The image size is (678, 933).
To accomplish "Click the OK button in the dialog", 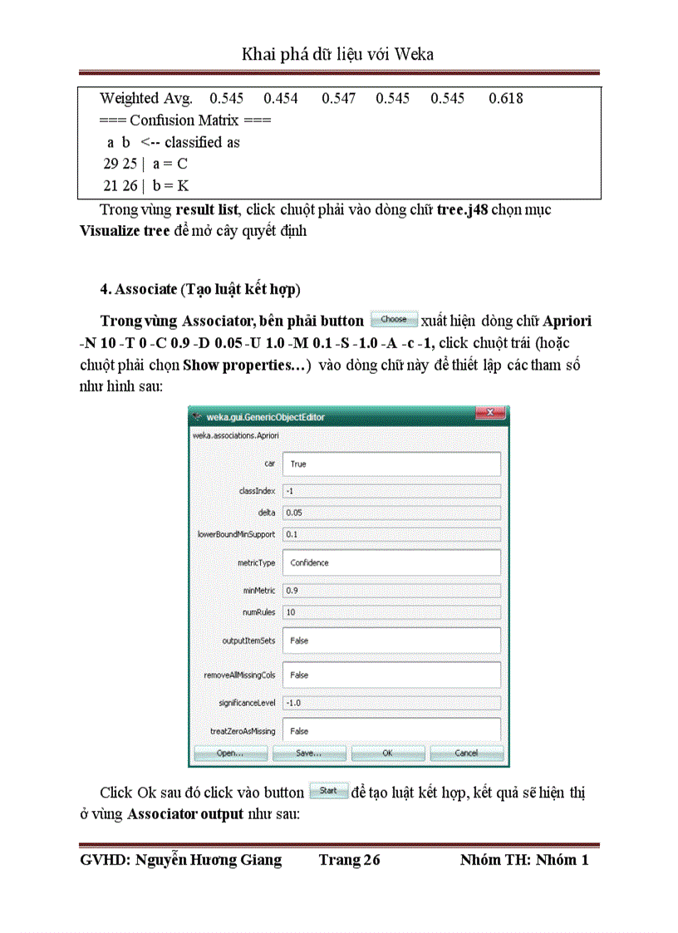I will (387, 753).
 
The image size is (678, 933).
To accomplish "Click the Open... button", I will (230, 753).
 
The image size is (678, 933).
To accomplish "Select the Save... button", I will (308, 753).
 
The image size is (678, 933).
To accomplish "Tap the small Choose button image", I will (394, 320).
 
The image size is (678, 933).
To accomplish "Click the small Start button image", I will (328, 791).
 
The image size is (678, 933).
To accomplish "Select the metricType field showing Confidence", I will (391, 562).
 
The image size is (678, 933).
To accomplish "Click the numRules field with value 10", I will (391, 612).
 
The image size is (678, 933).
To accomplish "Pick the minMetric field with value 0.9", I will (391, 591).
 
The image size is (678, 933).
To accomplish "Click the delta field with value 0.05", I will (391, 513).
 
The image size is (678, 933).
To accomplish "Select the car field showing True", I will (391, 464).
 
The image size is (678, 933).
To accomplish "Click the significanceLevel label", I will (247, 703).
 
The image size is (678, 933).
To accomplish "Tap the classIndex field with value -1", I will (391, 491).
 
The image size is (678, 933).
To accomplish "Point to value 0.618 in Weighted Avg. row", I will (505, 99).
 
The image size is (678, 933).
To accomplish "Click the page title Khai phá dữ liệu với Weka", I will (338, 55).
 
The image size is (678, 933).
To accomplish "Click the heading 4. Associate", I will (199, 290).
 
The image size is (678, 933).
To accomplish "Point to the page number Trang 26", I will (349, 860).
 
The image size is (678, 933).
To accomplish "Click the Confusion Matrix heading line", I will (185, 120).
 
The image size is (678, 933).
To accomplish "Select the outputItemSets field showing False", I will (391, 641).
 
